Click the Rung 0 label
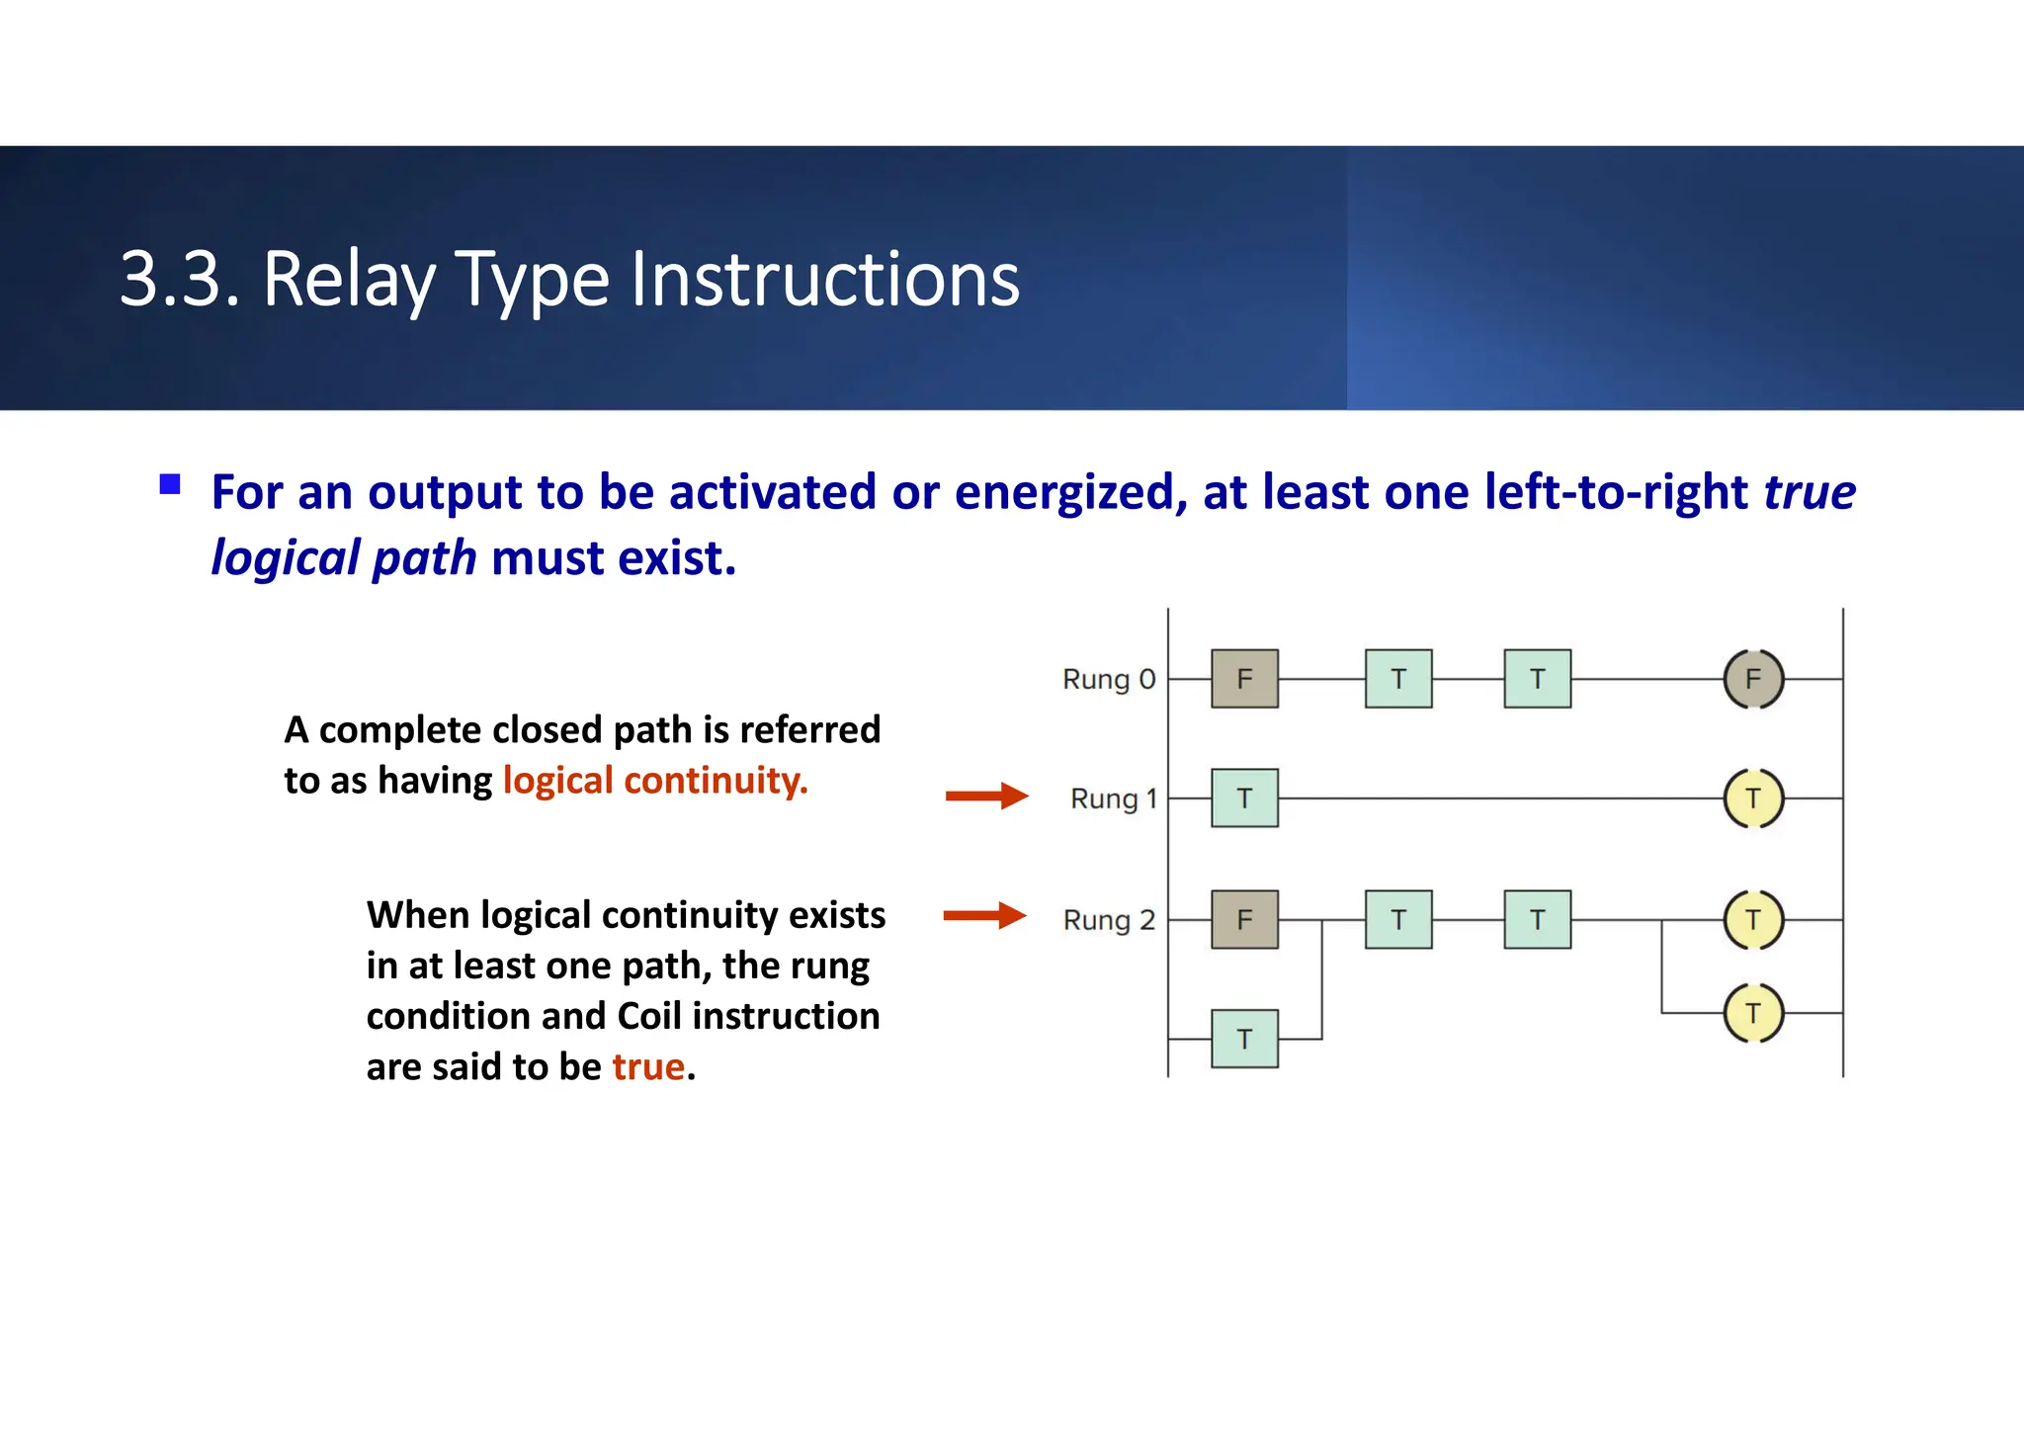[1108, 680]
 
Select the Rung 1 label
[1113, 799]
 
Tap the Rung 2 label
[1108, 920]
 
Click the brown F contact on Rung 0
[1244, 679]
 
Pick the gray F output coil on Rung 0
[1752, 679]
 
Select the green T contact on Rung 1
[1244, 798]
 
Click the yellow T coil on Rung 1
[1752, 798]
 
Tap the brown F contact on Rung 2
[1244, 920]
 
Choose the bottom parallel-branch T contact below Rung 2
[1244, 1039]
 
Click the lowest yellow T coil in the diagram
[1752, 1013]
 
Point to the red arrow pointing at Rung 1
[986, 796]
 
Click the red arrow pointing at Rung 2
[984, 915]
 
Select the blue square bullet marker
[170, 484]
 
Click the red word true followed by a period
[648, 1067]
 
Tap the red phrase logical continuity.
[655, 781]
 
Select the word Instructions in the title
[824, 280]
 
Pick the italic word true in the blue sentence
[1810, 492]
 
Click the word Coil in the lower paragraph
[649, 1016]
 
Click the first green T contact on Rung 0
[1397, 679]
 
